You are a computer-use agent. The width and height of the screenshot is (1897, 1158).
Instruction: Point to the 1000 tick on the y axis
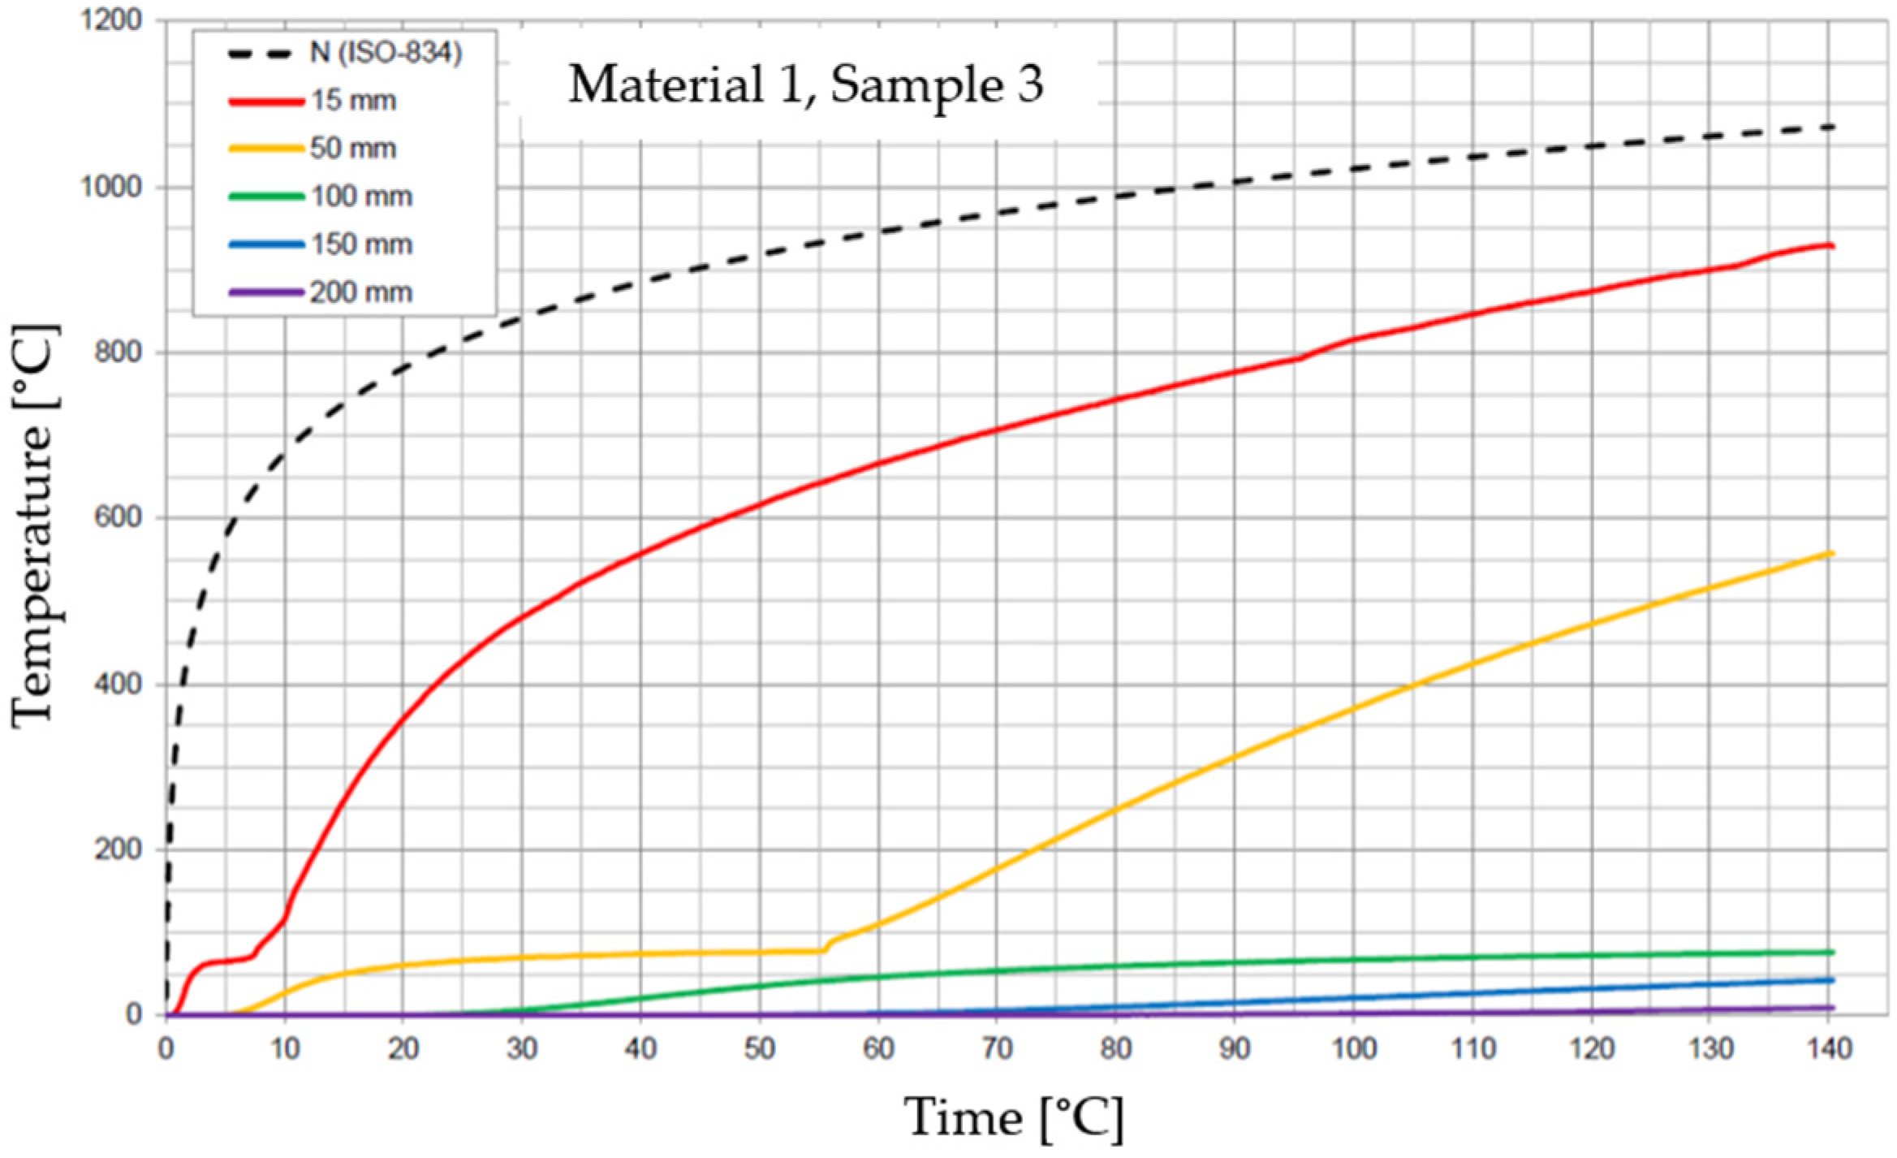point(111,187)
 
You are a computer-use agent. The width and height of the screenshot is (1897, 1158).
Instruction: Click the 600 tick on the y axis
point(118,517)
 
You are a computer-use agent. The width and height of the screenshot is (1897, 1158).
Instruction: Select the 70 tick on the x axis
point(997,1049)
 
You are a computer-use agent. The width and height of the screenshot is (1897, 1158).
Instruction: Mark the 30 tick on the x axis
point(522,1049)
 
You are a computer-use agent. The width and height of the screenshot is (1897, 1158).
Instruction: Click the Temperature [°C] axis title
point(34,526)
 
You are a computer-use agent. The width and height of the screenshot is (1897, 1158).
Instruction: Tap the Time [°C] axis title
point(1014,1119)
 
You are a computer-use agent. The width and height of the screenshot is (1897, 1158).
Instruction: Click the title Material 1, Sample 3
point(805,84)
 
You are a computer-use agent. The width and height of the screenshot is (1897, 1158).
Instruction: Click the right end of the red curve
point(1832,246)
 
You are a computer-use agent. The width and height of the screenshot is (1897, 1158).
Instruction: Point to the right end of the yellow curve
point(1832,554)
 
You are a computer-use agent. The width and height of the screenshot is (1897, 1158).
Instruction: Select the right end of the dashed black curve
point(1832,127)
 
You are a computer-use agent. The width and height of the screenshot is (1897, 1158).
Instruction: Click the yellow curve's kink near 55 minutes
point(825,949)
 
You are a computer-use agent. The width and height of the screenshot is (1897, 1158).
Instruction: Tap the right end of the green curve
point(1832,952)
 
